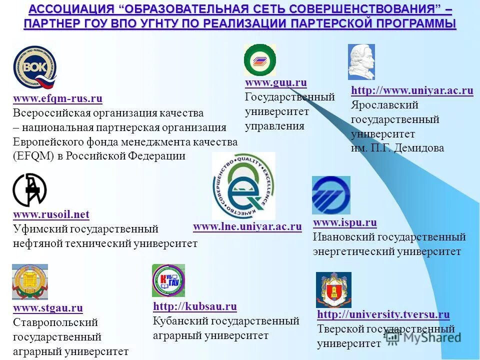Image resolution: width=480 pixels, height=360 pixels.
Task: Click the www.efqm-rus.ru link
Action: pos(57,99)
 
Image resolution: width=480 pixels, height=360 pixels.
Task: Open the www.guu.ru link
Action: pos(275,82)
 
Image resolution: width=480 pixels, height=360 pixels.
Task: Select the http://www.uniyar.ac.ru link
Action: pos(412,90)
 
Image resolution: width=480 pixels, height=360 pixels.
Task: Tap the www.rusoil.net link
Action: pos(51,215)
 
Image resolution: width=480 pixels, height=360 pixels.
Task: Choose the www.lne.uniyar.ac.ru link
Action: pos(247,227)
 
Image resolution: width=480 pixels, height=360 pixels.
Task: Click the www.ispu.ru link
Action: pos(344,222)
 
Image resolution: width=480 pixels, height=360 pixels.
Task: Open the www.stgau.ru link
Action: pos(48,308)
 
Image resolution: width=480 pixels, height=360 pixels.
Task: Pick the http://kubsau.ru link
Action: pos(194,306)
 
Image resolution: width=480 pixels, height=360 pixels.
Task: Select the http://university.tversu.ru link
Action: pos(383,314)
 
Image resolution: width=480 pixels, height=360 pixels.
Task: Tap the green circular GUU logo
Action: pos(259,60)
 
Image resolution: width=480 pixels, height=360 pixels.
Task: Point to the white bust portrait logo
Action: pos(361,62)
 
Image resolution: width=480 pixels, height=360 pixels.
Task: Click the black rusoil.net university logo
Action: pos(29,189)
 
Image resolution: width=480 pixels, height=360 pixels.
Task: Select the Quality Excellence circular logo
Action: pos(243,186)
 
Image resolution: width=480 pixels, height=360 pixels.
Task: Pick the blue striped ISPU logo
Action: pos(331,195)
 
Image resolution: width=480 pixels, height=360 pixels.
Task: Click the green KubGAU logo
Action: pos(168,280)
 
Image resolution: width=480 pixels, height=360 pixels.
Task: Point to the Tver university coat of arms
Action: pos(333,290)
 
